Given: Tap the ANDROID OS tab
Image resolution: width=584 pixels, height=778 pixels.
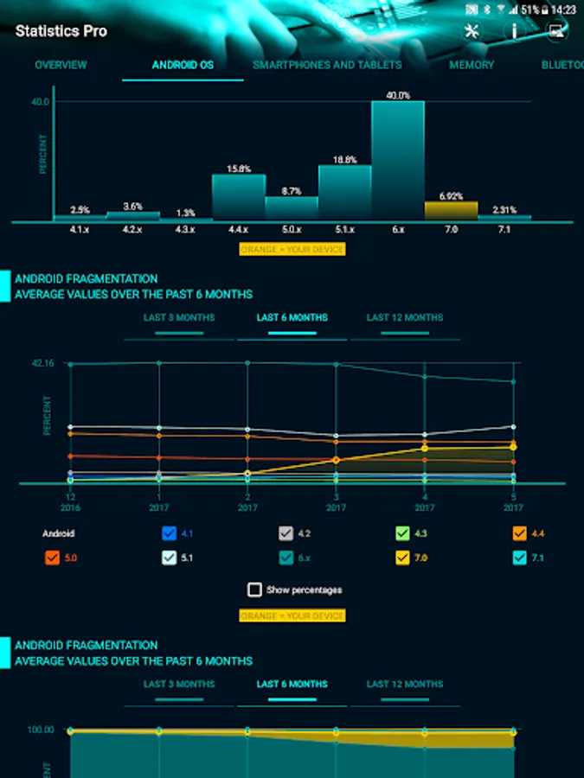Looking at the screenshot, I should [x=183, y=65].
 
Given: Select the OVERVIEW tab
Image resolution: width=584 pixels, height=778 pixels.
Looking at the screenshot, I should [x=61, y=65].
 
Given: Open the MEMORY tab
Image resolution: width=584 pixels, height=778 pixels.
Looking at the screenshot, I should [x=472, y=65].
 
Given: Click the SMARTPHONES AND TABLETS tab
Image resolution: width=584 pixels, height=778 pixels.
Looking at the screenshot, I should [x=327, y=65].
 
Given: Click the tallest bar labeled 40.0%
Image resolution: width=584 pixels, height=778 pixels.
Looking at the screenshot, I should [x=398, y=160].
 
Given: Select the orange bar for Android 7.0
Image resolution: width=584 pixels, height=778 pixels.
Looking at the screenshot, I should [x=451, y=210].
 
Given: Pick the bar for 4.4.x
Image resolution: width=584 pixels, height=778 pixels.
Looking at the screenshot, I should [x=238, y=196].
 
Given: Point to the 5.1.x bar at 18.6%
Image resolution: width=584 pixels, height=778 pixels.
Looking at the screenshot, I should [x=344, y=192].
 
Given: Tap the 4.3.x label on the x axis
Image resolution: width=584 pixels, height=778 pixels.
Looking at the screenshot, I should [x=185, y=229].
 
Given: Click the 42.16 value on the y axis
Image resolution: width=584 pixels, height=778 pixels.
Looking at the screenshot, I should [x=43, y=363].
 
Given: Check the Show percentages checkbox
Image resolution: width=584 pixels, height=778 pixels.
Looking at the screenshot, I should [x=254, y=590].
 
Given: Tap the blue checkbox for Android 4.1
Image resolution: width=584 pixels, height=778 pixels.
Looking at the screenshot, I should [x=170, y=533].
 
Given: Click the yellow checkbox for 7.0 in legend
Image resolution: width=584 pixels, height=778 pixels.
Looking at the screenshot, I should [x=402, y=558].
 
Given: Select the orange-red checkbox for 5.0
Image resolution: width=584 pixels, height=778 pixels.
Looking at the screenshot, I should [x=52, y=558].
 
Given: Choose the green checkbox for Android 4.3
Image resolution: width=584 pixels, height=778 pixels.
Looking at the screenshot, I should [x=402, y=533].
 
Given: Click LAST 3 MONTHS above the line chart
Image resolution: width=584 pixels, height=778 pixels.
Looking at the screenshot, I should [x=179, y=317].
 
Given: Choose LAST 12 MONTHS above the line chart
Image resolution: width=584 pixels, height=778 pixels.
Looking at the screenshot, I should [x=404, y=317].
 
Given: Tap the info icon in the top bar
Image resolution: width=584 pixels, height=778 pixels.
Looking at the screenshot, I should [x=515, y=31].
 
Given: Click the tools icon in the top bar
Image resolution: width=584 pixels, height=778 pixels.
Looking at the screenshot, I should [x=472, y=31].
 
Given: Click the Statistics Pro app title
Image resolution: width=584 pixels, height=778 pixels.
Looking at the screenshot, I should [x=61, y=31].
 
